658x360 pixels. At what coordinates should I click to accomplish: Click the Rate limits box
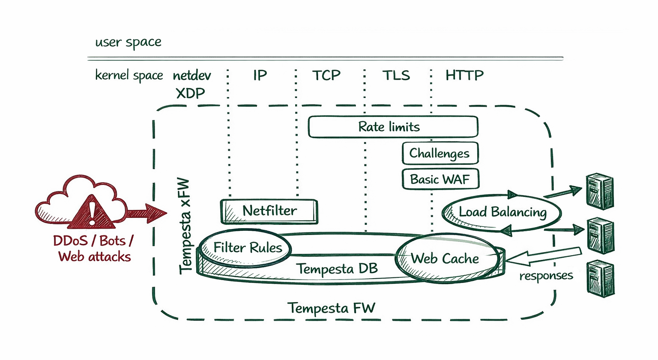click(x=393, y=127)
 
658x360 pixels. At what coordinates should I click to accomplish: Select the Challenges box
click(x=440, y=153)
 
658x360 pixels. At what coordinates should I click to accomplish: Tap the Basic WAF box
click(x=440, y=179)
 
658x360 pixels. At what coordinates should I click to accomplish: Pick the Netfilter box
click(x=269, y=211)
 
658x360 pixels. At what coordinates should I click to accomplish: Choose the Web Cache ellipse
click(x=446, y=259)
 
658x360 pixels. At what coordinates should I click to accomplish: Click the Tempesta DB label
click(x=337, y=269)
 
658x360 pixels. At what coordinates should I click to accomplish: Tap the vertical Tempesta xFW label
click(x=185, y=226)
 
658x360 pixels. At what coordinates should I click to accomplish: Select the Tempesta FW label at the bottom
click(x=331, y=308)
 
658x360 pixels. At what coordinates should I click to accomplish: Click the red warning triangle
click(x=92, y=211)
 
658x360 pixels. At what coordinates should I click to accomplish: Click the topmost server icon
click(x=600, y=191)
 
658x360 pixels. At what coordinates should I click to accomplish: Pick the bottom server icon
click(x=601, y=279)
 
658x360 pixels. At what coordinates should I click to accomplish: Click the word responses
click(x=546, y=276)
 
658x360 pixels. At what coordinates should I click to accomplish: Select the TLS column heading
click(x=396, y=76)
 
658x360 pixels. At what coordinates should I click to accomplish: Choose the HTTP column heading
click(x=464, y=76)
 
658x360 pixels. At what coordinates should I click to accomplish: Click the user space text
click(x=128, y=42)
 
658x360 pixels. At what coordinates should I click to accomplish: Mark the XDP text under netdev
click(x=191, y=93)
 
